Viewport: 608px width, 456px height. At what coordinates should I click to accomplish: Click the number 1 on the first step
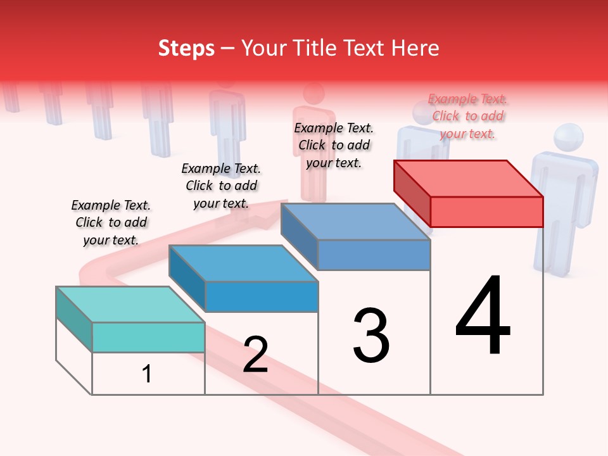click(x=147, y=374)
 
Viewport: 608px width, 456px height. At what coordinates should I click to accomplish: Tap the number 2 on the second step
click(x=255, y=355)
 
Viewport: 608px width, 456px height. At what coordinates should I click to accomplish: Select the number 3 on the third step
click(x=371, y=336)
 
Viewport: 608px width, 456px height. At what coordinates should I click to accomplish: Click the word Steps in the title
click(x=186, y=48)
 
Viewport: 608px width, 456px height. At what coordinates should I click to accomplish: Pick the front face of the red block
click(x=486, y=212)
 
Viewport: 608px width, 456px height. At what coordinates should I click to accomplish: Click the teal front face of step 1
click(x=148, y=337)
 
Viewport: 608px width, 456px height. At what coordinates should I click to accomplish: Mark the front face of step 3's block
click(x=374, y=255)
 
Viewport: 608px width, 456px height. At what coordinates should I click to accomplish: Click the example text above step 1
click(x=111, y=222)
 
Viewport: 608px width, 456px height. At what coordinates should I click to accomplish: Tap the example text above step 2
click(x=221, y=186)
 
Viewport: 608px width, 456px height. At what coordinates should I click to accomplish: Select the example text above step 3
click(x=334, y=145)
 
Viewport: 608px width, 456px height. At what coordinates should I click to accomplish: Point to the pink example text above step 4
click(x=467, y=116)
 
